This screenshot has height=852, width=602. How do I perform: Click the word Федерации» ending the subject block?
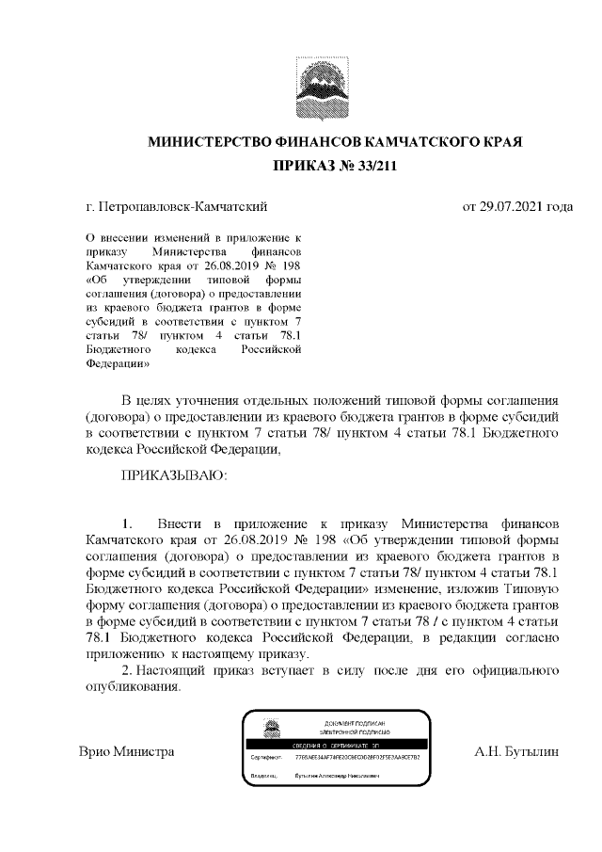tap(114, 361)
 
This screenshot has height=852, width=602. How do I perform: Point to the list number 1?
tap(128, 521)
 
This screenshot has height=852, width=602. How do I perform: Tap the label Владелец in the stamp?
tap(264, 776)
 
